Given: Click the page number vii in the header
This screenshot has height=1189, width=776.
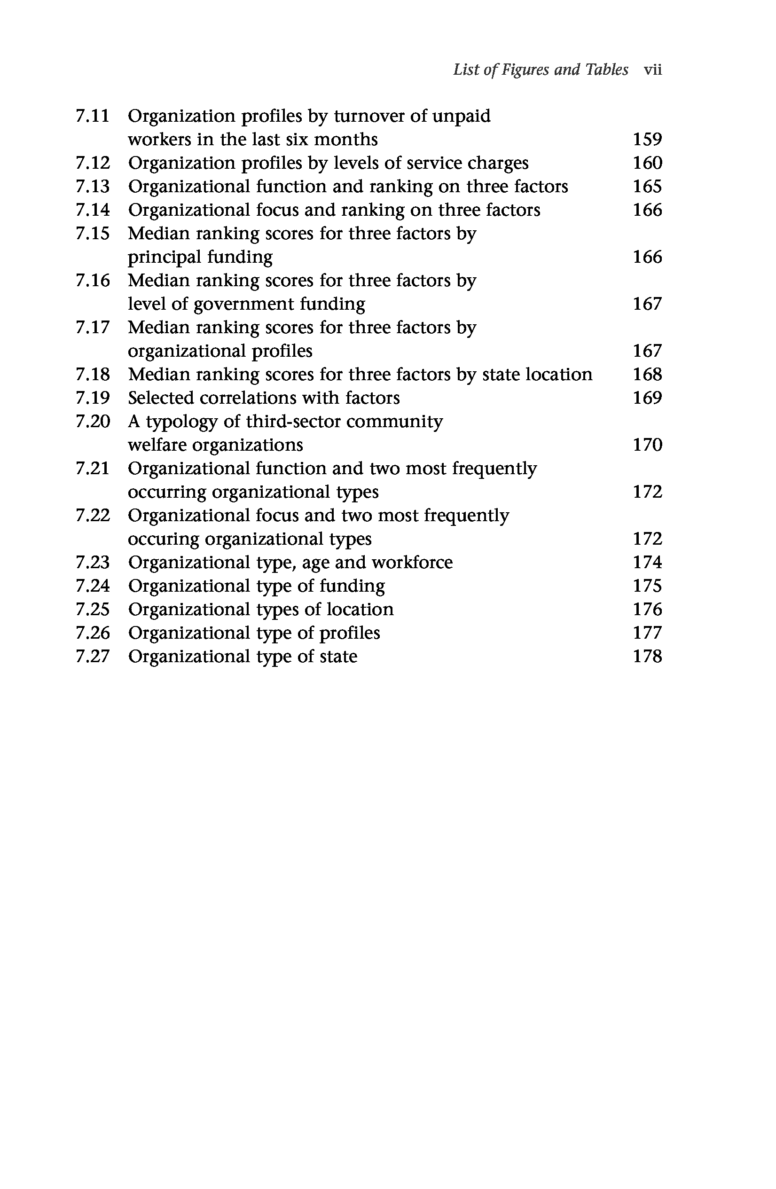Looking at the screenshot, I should tap(652, 70).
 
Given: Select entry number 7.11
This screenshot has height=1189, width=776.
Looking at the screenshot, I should tap(93, 116).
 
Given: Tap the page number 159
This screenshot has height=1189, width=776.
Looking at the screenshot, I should tap(647, 140).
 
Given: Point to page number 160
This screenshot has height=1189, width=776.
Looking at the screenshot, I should tap(647, 163).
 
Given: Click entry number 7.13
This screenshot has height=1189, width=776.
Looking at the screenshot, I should tap(93, 187).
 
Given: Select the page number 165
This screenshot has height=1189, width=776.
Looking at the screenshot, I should tap(647, 187).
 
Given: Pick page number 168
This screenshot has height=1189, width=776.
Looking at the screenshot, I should tap(647, 375).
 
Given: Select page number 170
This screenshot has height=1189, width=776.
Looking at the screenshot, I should tap(647, 445).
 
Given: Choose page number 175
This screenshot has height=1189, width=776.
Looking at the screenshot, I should tap(647, 586).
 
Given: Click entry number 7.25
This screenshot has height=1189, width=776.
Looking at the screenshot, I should tap(93, 610).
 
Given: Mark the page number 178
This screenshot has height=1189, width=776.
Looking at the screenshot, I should tap(647, 657).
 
